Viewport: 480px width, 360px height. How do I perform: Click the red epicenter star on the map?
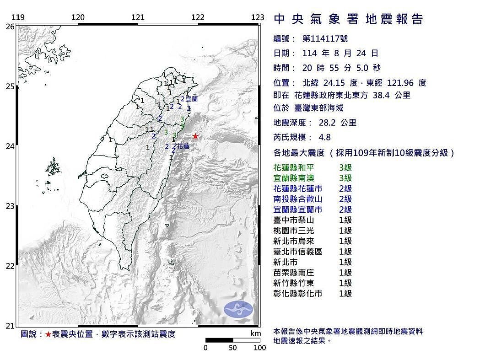(195, 136)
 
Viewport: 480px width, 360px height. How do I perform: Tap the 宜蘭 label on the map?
(192, 98)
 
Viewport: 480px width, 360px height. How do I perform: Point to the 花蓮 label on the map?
(183, 146)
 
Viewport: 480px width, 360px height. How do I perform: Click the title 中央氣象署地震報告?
(348, 19)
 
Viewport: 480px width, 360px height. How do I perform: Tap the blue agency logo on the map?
(238, 309)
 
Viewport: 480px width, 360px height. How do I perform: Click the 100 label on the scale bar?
(259, 348)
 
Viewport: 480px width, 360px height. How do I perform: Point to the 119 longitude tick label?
(18, 17)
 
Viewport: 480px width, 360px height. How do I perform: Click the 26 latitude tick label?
(10, 27)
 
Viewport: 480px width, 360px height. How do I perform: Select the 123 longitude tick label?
(258, 17)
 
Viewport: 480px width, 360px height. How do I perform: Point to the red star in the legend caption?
(48, 334)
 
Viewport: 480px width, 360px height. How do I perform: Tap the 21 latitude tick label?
(10, 326)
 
